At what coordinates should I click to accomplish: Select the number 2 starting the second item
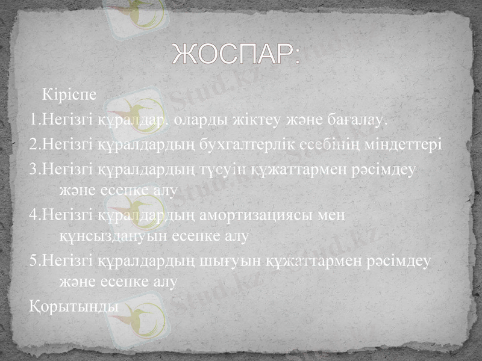pos(31,146)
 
